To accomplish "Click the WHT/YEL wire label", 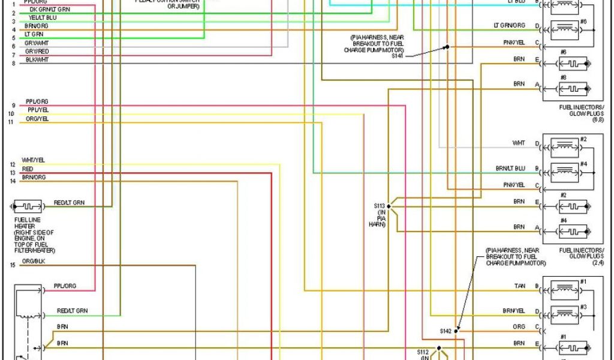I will (x=33, y=160).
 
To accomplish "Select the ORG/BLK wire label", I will (x=33, y=262).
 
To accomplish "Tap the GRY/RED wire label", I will (x=37, y=52).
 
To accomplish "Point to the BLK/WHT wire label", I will (x=37, y=60).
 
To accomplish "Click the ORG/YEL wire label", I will (x=37, y=119).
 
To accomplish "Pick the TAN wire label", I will (x=519, y=286).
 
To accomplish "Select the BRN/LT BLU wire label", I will (x=510, y=169).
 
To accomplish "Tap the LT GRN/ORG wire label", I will (x=509, y=25).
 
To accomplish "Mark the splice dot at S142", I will (x=456, y=330).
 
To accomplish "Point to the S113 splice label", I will (x=379, y=206).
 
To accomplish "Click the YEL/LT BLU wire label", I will (x=42, y=18).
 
